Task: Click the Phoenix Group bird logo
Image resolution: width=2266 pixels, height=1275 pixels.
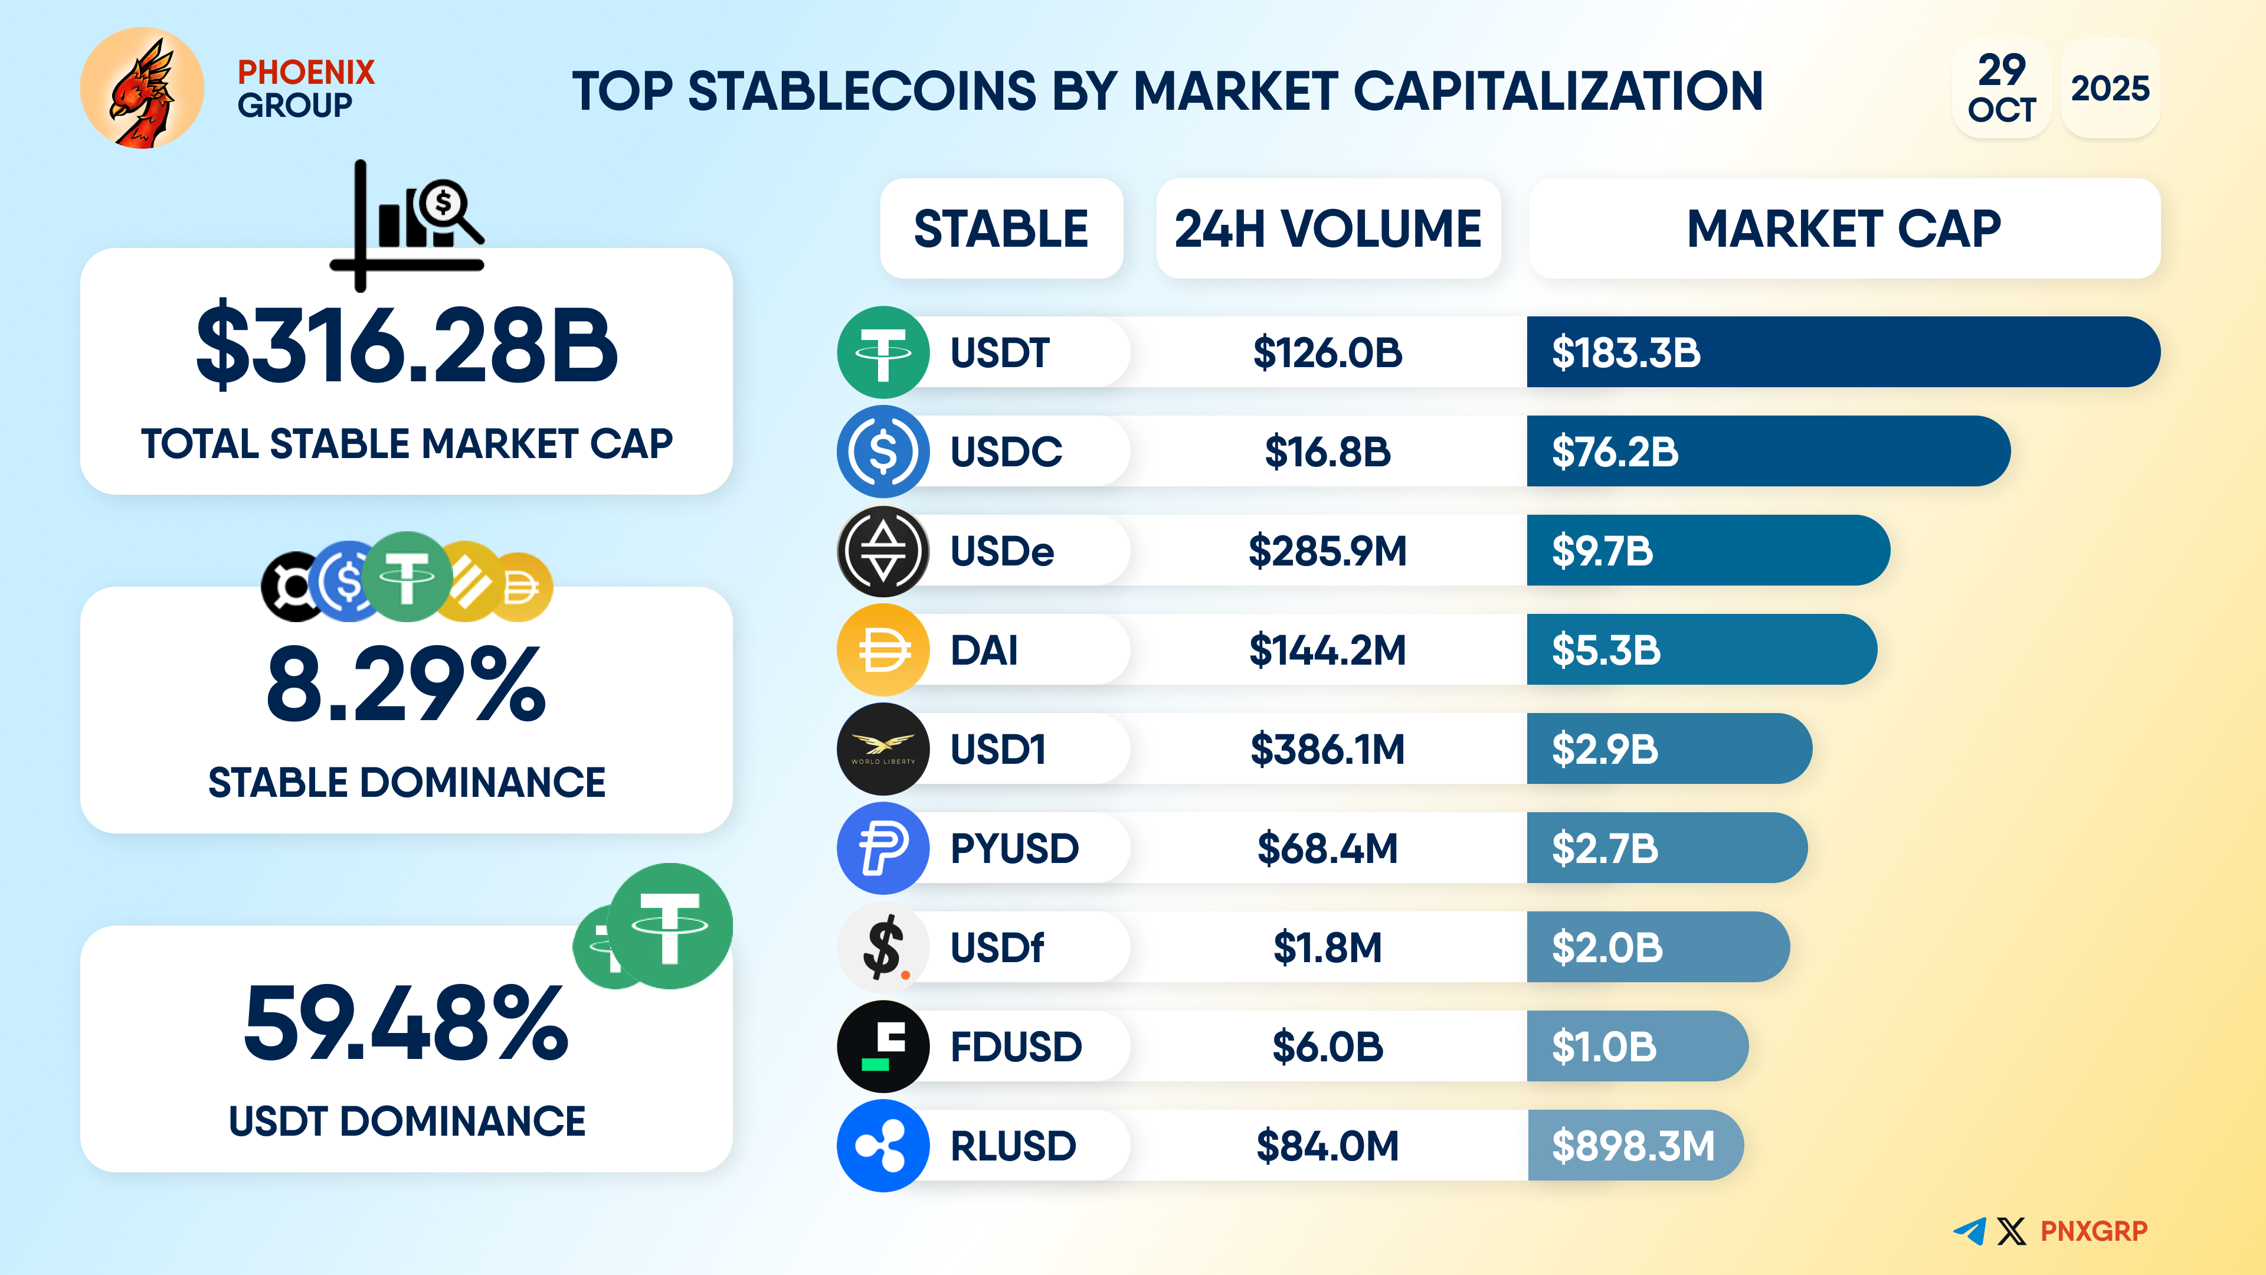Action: [142, 88]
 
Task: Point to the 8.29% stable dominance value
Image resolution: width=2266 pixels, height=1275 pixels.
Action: [407, 685]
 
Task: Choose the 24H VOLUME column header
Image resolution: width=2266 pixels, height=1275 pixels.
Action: [1327, 229]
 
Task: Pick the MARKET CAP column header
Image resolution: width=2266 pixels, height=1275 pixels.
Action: [1843, 229]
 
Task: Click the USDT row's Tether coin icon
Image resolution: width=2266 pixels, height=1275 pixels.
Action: [882, 352]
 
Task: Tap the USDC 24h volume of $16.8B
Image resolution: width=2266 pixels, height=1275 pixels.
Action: [1327, 452]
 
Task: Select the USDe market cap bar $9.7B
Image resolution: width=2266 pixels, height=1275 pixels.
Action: [1707, 551]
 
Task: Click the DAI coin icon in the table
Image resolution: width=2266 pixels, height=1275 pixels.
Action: [882, 650]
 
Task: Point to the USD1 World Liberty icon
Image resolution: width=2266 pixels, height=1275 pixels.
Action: [882, 749]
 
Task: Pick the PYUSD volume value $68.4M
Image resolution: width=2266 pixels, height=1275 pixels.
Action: [1327, 848]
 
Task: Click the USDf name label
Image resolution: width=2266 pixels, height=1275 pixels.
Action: [997, 947]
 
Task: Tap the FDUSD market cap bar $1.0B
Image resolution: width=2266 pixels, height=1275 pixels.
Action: [1636, 1046]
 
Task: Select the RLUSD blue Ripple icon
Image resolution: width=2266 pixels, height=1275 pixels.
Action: [882, 1146]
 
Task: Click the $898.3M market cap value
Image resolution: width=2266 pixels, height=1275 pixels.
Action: [1633, 1146]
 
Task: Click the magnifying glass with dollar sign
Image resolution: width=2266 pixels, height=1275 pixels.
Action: [448, 208]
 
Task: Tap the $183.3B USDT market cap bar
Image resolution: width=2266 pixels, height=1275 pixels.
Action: [1843, 352]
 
